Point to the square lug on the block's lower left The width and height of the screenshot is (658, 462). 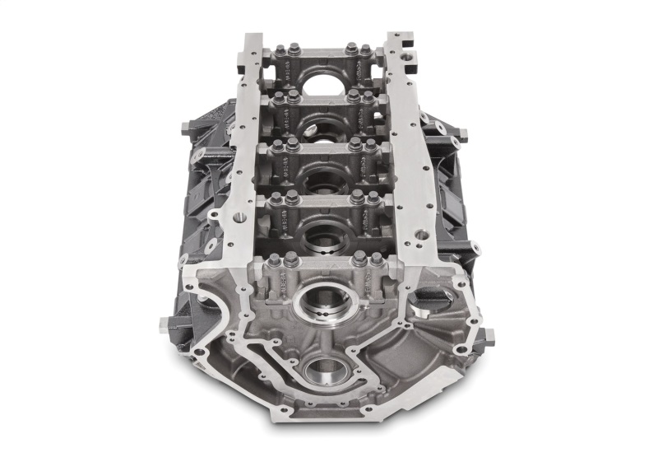click(160, 324)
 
